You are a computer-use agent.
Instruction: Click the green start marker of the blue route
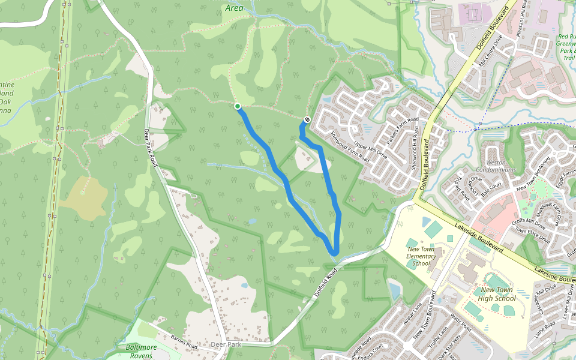tap(238, 106)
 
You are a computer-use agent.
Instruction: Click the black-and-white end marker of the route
tap(307, 119)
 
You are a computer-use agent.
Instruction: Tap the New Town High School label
tap(497, 294)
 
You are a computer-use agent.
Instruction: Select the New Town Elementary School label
tap(421, 256)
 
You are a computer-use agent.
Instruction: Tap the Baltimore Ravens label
tap(141, 351)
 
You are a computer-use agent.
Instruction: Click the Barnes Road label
tap(184, 342)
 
